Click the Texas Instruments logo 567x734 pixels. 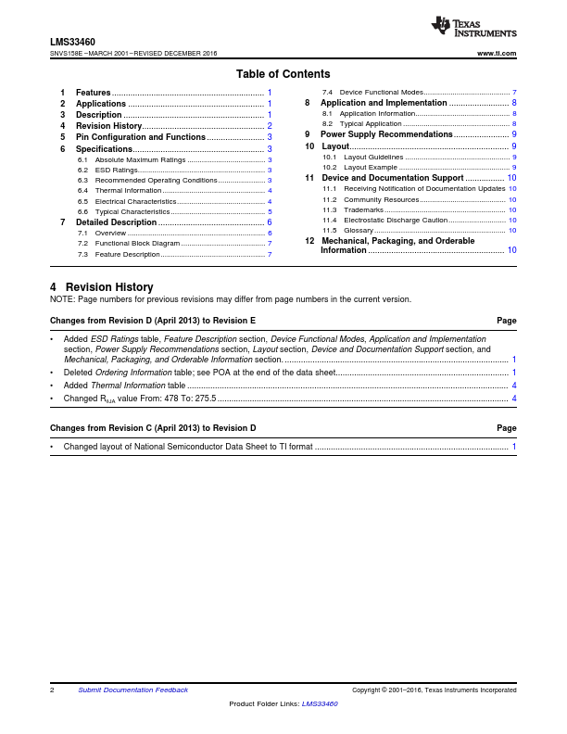473,28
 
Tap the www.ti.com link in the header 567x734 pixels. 497,54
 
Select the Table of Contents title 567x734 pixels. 283,74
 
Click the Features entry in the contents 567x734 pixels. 94,93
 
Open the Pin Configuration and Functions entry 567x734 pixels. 140,137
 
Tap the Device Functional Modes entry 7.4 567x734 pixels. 382,93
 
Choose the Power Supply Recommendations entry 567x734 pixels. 386,134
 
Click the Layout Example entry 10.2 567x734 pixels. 371,167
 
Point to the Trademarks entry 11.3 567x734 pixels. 363,209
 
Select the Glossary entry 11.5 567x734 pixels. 359,230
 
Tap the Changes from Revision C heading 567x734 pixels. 153,428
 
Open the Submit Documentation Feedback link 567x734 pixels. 132,690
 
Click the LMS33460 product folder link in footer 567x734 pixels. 320,704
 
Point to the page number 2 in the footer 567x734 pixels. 52,690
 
